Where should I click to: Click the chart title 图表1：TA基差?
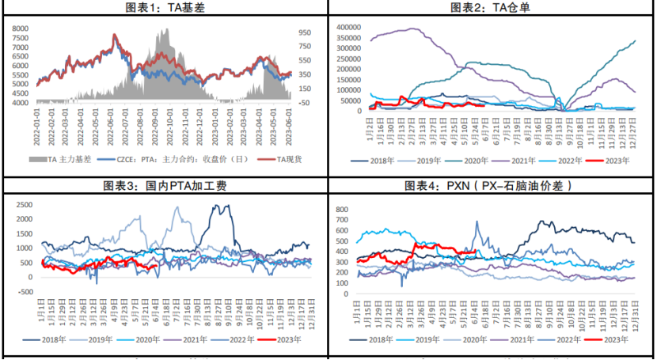pyautogui.click(x=165, y=7)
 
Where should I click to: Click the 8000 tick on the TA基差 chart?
pyautogui.click(x=21, y=28)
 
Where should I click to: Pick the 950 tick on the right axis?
pyautogui.click(x=305, y=32)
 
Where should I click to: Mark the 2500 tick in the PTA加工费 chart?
pyautogui.click(x=25, y=205)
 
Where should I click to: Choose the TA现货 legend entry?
pyautogui.click(x=278, y=160)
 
